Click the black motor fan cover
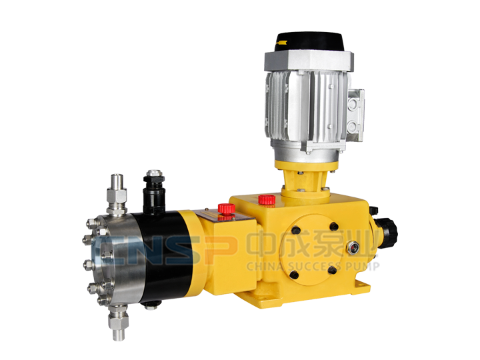pyautogui.click(x=310, y=41)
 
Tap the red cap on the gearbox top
pyautogui.click(x=267, y=199)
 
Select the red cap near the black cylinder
pyautogui.click(x=227, y=209)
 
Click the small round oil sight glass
pyautogui.click(x=353, y=247)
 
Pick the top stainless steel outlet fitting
pyautogui.click(x=117, y=194)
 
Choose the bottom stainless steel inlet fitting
pyautogui.click(x=118, y=321)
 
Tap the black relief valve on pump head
pyautogui.click(x=154, y=192)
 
